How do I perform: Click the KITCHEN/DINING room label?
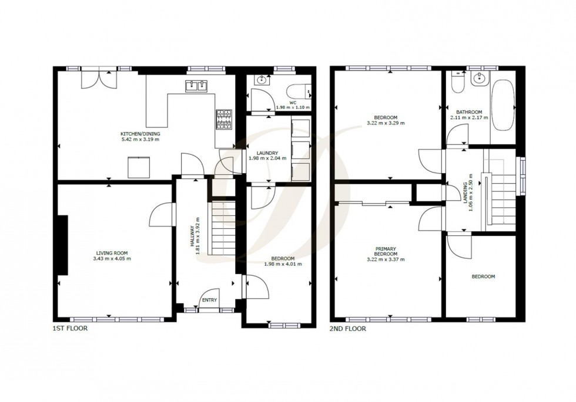(x=140, y=134)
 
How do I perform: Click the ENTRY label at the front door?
(x=209, y=300)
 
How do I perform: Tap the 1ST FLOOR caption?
(x=70, y=329)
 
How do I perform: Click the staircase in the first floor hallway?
(x=223, y=228)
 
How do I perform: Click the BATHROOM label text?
(x=470, y=113)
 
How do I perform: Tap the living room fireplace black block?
(x=62, y=245)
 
